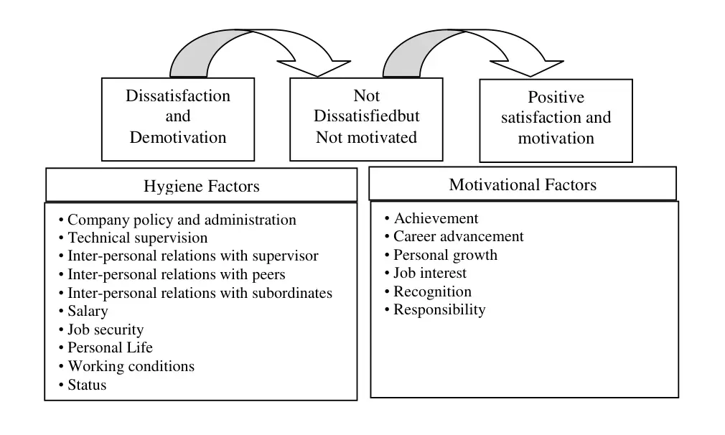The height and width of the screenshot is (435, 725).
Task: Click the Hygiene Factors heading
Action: (x=202, y=186)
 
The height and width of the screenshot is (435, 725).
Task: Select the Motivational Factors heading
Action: (x=523, y=184)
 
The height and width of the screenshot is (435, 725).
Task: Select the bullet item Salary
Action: (x=83, y=311)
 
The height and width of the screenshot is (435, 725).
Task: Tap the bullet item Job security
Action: (x=101, y=329)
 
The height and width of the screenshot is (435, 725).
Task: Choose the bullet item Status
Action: (x=83, y=385)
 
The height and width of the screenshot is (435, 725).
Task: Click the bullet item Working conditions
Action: (x=126, y=366)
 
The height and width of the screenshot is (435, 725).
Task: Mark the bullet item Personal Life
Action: (x=106, y=347)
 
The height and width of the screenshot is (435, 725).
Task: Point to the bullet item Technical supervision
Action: (x=134, y=238)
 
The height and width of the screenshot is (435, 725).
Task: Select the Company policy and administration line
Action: (x=177, y=220)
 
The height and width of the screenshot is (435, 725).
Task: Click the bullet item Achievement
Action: (x=431, y=218)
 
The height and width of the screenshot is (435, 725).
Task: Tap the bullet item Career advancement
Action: (x=454, y=236)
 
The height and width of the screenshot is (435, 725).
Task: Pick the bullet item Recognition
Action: (x=428, y=291)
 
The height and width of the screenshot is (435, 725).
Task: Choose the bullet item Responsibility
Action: (x=434, y=309)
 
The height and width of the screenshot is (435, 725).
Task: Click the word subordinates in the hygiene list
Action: (x=292, y=293)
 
